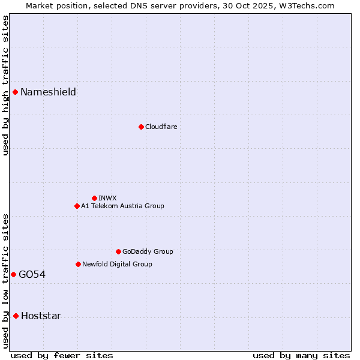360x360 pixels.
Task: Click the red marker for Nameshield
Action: pyautogui.click(x=15, y=92)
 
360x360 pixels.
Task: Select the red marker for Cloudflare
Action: pyautogui.click(x=141, y=127)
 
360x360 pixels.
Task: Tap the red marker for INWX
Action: pyautogui.click(x=94, y=198)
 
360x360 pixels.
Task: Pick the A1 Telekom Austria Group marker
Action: pyautogui.click(x=77, y=206)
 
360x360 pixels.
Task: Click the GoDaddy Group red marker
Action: pyautogui.click(x=118, y=251)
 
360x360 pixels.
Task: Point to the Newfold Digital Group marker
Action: pyautogui.click(x=78, y=264)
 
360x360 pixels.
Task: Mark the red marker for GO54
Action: pyautogui.click(x=13, y=274)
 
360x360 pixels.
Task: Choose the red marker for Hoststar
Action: pyautogui.click(x=16, y=316)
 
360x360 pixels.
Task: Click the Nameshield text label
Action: pyautogui.click(x=48, y=92)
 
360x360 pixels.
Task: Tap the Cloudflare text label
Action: pyautogui.click(x=161, y=127)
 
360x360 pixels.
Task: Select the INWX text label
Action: pyautogui.click(x=107, y=198)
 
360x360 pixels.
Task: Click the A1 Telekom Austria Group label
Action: pyautogui.click(x=122, y=206)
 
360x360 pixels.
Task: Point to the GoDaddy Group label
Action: pyautogui.click(x=148, y=251)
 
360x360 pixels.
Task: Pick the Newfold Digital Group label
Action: pyautogui.click(x=117, y=264)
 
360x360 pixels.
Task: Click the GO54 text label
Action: pyautogui.click(x=32, y=274)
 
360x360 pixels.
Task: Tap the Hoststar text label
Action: pyautogui.click(x=41, y=316)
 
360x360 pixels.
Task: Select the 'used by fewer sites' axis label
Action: pyautogui.click(x=62, y=355)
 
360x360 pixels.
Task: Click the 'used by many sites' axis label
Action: pyautogui.click(x=301, y=355)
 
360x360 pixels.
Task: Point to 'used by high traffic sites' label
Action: pyautogui.click(x=5, y=85)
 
